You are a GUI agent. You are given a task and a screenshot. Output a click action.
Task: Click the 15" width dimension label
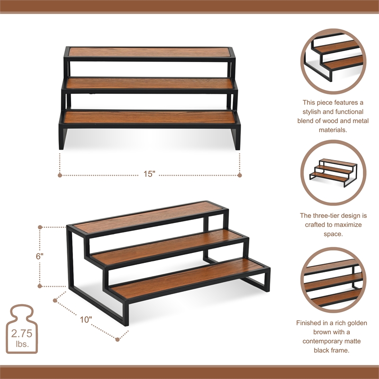click(150, 174)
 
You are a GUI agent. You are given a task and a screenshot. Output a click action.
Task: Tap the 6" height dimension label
click(40, 256)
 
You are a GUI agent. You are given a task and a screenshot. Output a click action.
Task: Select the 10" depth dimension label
click(86, 319)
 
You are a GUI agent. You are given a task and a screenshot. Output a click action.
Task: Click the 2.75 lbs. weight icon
click(22, 328)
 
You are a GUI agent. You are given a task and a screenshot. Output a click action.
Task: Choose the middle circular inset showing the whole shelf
click(333, 172)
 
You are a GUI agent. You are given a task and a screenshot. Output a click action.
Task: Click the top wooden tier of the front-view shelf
click(150, 52)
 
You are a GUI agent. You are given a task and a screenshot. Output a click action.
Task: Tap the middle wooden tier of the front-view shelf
click(150, 83)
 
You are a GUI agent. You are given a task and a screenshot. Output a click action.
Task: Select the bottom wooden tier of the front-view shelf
click(150, 117)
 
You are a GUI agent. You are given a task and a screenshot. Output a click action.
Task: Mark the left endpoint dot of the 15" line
click(60, 175)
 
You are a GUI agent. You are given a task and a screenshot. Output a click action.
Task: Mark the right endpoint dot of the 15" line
click(239, 175)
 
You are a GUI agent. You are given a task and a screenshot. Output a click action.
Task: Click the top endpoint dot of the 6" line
click(40, 227)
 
